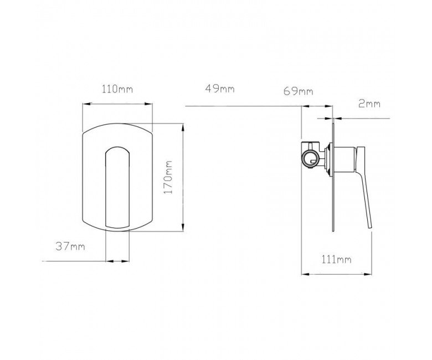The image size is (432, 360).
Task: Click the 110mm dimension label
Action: pos(117,89)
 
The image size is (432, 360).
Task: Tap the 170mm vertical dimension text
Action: pos(168,177)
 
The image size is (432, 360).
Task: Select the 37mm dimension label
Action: pos(70,246)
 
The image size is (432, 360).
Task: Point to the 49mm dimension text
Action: pos(220,89)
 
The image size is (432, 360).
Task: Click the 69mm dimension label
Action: pos(299,91)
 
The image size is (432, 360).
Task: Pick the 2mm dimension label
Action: pos(369,104)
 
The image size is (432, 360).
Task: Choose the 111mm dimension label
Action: pos(336,259)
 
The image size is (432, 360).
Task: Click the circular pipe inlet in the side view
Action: pos(311,159)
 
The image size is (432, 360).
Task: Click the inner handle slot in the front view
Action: pos(117,187)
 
